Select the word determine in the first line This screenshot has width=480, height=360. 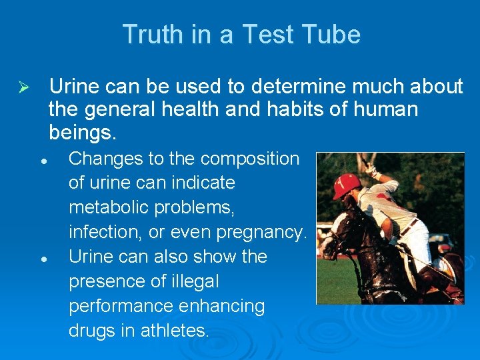tap(283, 87)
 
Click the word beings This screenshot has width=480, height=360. tap(83, 133)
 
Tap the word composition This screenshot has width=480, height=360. tap(250, 159)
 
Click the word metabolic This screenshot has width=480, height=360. tap(110, 207)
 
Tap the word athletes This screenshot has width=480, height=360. tap(175, 330)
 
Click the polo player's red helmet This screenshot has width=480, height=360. tap(346, 185)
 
